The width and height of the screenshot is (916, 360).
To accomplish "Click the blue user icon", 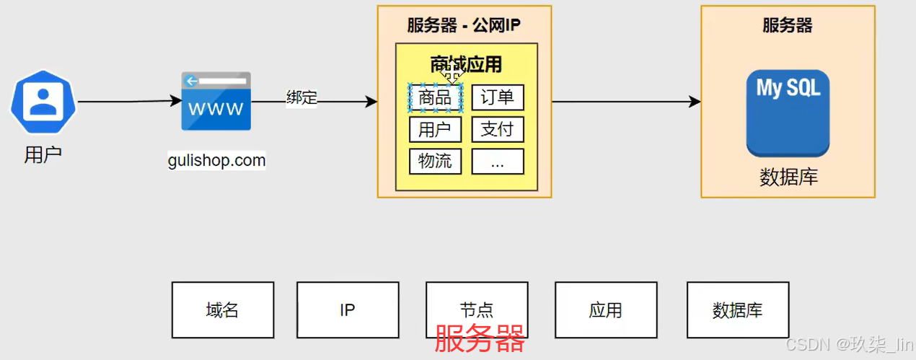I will pyautogui.click(x=43, y=102).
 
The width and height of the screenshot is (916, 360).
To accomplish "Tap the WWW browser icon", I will pyautogui.click(x=216, y=101).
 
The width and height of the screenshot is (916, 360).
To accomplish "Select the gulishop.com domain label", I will pyautogui.click(x=217, y=160).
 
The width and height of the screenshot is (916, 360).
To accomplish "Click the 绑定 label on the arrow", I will pyautogui.click(x=301, y=97).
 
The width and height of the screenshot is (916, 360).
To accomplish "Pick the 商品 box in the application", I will pyautogui.click(x=435, y=98).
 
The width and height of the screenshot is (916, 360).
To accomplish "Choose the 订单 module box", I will pyautogui.click(x=498, y=97).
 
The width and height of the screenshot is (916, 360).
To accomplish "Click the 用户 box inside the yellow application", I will pyautogui.click(x=435, y=129).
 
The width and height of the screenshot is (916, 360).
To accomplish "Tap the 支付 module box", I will pyautogui.click(x=498, y=129).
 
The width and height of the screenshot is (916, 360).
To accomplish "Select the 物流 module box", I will pyautogui.click(x=435, y=161).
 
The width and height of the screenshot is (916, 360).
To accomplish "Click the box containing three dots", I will pyautogui.click(x=498, y=161).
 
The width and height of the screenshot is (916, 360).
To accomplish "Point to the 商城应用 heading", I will pyautogui.click(x=466, y=64).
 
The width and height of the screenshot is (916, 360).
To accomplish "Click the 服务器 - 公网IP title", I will pyautogui.click(x=464, y=26).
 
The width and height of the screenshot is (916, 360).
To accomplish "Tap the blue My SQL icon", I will pyautogui.click(x=788, y=113).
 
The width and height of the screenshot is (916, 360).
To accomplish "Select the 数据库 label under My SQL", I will pyautogui.click(x=788, y=177).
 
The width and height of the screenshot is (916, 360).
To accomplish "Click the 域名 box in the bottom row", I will pyautogui.click(x=223, y=310).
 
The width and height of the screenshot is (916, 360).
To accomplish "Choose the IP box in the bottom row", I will pyautogui.click(x=348, y=310).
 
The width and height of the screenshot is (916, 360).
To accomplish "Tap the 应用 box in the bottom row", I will pyautogui.click(x=605, y=310).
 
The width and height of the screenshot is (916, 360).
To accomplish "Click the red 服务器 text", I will pyautogui.click(x=480, y=338).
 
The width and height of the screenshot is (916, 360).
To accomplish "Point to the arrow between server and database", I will pyautogui.click(x=626, y=102).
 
